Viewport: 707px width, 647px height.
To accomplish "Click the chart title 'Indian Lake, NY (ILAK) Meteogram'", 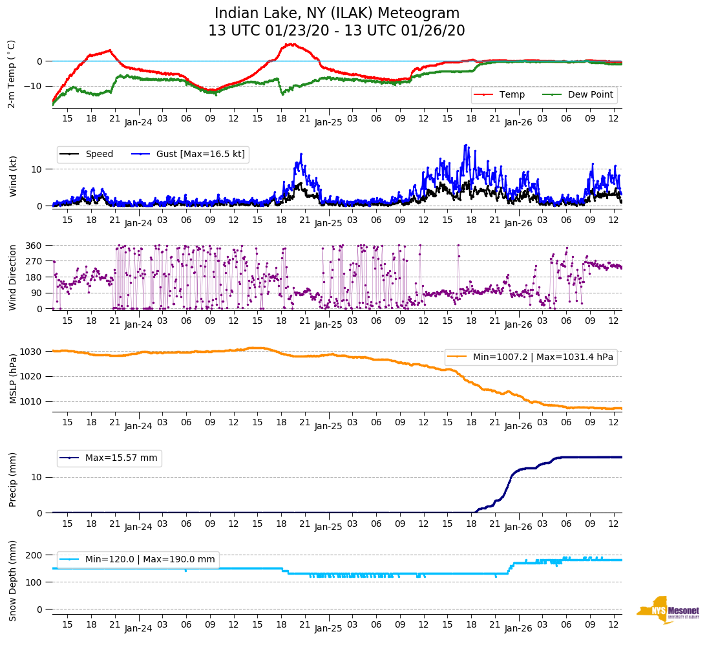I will tap(337, 14).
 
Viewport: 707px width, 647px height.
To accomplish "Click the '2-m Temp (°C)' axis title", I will tap(12, 74).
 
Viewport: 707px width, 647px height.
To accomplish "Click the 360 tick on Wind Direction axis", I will tap(34, 246).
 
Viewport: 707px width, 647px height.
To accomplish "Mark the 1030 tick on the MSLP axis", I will tap(32, 352).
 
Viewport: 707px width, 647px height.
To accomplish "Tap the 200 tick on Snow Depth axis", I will tap(34, 555).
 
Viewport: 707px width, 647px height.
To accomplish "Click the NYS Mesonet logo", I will tap(668, 610).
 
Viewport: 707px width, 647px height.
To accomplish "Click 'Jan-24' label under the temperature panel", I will tap(138, 122).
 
